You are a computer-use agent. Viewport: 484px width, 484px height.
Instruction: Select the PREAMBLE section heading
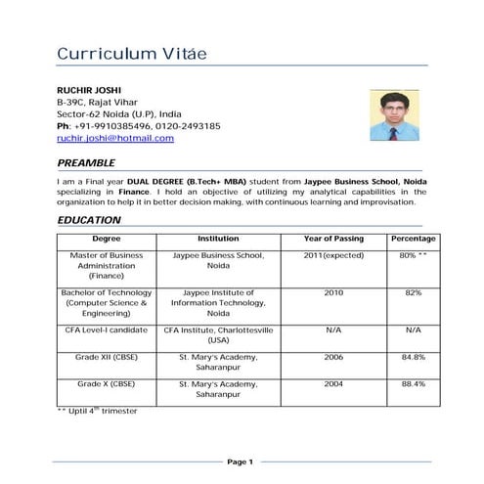pos(86,162)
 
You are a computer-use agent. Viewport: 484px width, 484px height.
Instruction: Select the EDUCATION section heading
pos(89,220)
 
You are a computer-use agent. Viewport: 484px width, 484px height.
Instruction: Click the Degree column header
pos(107,239)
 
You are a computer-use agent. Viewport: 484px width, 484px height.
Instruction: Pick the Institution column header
pos(218,239)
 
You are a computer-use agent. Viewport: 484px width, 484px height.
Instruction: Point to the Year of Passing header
pos(333,239)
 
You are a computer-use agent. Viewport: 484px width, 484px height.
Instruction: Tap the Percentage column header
pos(413,239)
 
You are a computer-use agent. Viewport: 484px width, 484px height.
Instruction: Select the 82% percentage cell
pos(413,292)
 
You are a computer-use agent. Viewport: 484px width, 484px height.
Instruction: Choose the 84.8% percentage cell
pos(413,357)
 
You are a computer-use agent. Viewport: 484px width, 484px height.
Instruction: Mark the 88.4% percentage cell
pos(413,383)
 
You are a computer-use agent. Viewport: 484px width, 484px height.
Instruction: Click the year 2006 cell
pos(333,357)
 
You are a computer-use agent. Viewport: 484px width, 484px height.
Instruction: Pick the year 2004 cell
pos(333,383)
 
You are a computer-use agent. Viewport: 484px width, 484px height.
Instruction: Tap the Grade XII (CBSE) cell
pos(106,357)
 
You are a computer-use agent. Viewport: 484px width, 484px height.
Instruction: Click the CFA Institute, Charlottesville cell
pos(218,335)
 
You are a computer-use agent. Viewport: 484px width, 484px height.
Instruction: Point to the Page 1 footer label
pos(241,462)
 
